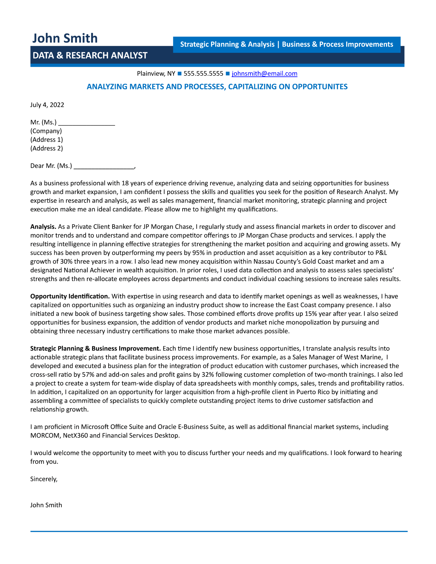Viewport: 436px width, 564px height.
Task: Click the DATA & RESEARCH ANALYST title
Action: [90, 56]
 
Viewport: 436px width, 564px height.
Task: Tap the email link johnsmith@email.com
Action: [264, 74]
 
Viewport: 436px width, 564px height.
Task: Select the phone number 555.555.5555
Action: [203, 74]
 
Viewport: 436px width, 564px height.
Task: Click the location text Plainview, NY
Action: [156, 74]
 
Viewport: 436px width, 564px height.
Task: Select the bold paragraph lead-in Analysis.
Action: [43, 227]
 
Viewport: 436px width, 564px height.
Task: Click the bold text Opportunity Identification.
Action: [70, 296]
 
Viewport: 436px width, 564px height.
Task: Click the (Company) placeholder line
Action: [46, 131]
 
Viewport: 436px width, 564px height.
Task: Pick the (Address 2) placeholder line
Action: [47, 148]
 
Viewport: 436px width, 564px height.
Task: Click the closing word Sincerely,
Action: [44, 479]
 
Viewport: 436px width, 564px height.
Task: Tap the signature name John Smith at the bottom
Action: [46, 505]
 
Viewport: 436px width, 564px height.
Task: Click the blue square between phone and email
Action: [228, 74]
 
